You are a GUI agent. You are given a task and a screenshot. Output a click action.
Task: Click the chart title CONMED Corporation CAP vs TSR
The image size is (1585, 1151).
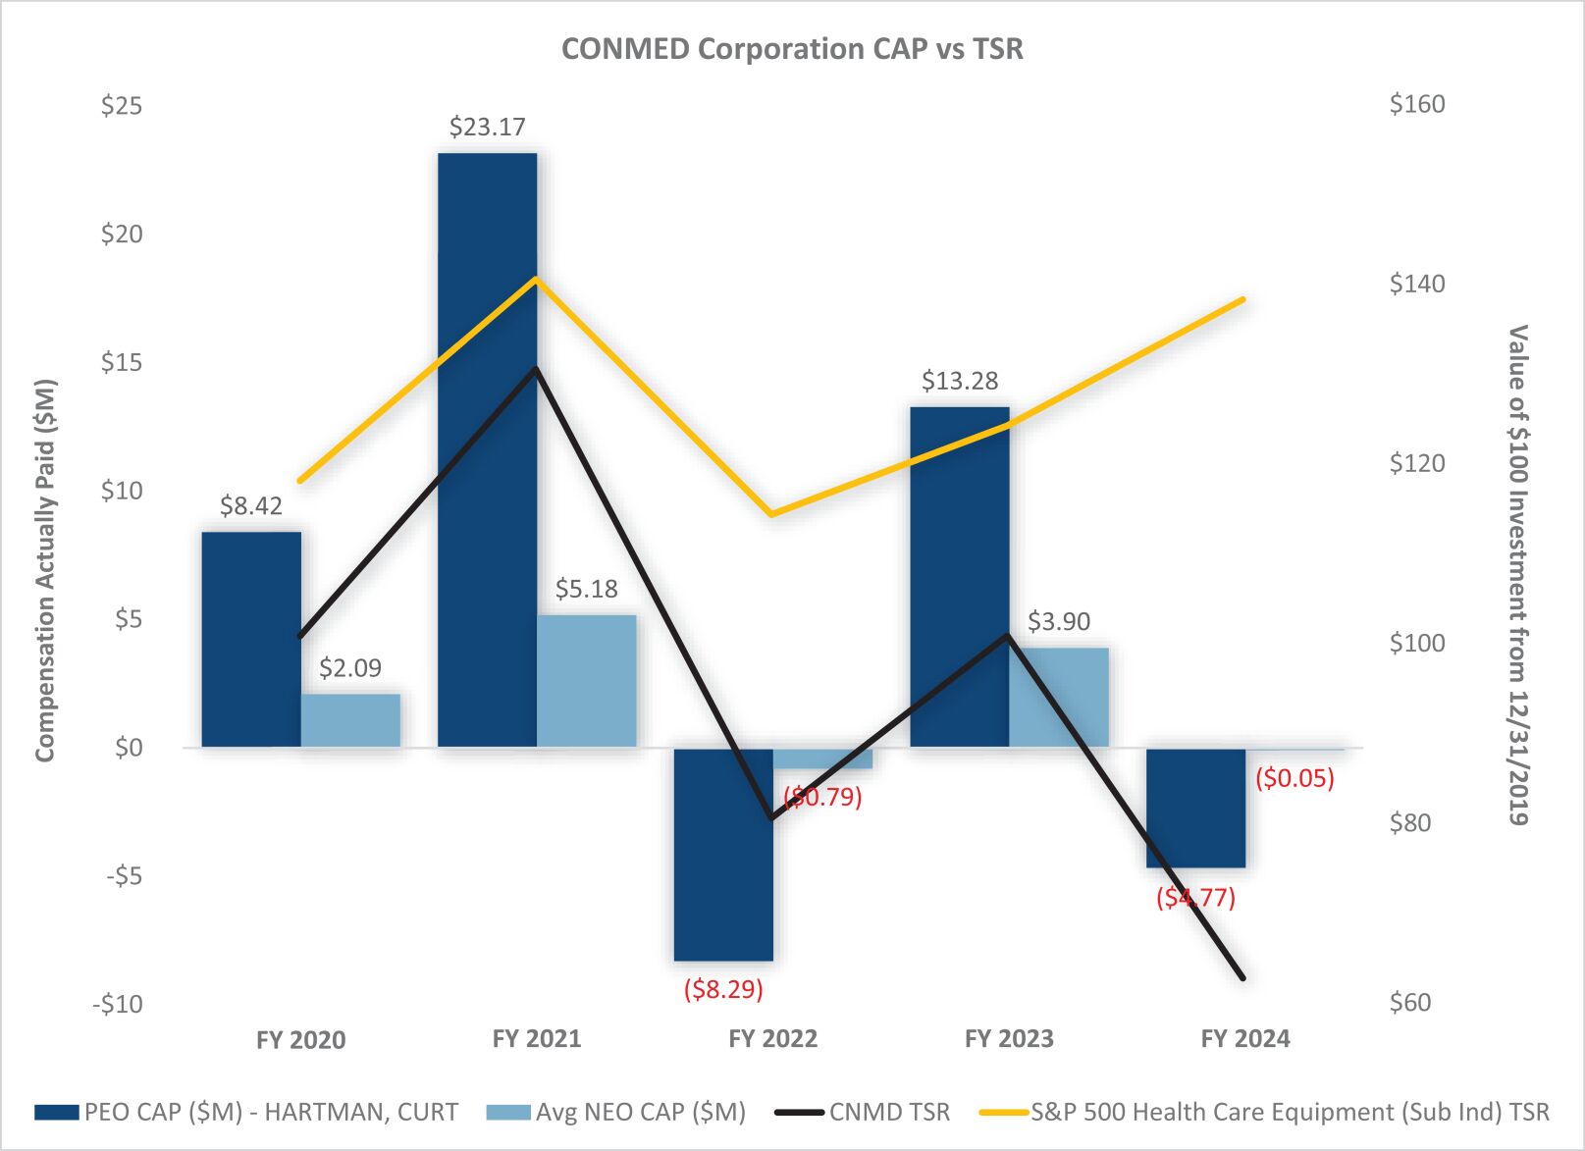tap(792, 49)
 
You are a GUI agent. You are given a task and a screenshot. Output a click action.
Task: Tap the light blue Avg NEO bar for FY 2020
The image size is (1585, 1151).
tap(350, 720)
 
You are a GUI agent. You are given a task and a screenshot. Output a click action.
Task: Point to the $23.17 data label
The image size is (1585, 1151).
tap(487, 127)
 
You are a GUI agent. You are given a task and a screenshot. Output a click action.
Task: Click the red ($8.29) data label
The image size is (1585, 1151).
tap(723, 988)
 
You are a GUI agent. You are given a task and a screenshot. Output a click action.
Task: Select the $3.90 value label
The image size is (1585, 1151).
tap(1058, 621)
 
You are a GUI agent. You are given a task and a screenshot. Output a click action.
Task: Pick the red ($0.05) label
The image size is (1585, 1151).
tap(1294, 778)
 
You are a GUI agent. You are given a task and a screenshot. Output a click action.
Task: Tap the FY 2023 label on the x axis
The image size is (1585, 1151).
tap(1009, 1038)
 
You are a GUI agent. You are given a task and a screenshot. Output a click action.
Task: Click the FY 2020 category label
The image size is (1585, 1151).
tap(300, 1039)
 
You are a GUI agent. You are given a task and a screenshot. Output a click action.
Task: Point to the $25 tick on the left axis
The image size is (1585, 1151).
tap(121, 105)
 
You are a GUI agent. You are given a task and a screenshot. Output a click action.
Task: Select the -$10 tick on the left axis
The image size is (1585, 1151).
tap(117, 1004)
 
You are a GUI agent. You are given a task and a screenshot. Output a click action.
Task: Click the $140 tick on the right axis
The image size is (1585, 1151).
tap(1416, 284)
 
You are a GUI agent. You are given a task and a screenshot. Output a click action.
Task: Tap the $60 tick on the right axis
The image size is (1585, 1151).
tap(1410, 1002)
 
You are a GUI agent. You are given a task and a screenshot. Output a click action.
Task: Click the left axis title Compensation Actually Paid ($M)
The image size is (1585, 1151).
tap(45, 570)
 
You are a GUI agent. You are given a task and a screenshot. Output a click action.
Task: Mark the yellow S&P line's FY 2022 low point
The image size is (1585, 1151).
tap(772, 513)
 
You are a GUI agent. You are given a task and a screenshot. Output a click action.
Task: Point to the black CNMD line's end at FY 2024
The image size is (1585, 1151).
tap(1243, 977)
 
